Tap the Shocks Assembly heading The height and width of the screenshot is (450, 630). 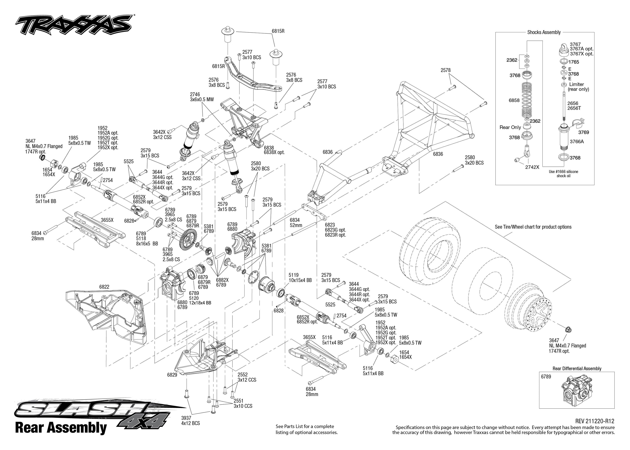(544, 32)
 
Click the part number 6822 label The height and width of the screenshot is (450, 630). (104, 287)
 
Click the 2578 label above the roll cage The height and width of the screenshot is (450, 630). (446, 70)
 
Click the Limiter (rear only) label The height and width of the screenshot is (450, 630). (578, 87)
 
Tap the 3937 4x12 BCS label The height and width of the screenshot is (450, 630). (190, 421)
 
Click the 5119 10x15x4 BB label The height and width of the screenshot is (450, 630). (300, 278)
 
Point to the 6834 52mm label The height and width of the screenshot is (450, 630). (296, 222)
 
